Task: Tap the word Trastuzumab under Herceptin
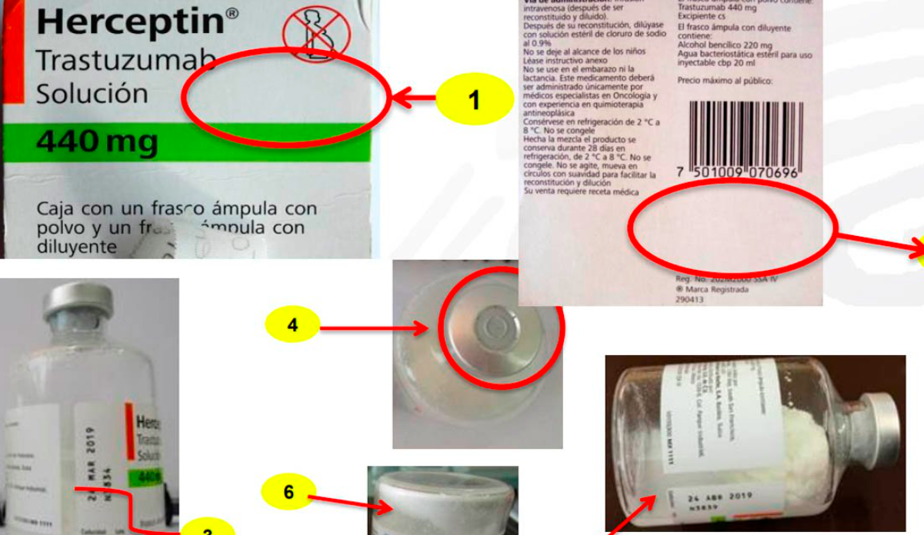coord(115,61)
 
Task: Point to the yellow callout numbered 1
coord(474,100)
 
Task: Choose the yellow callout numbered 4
coord(292,326)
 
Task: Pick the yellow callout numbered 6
coord(289,492)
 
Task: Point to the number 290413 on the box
coord(690,301)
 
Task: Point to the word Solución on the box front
coord(92,94)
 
